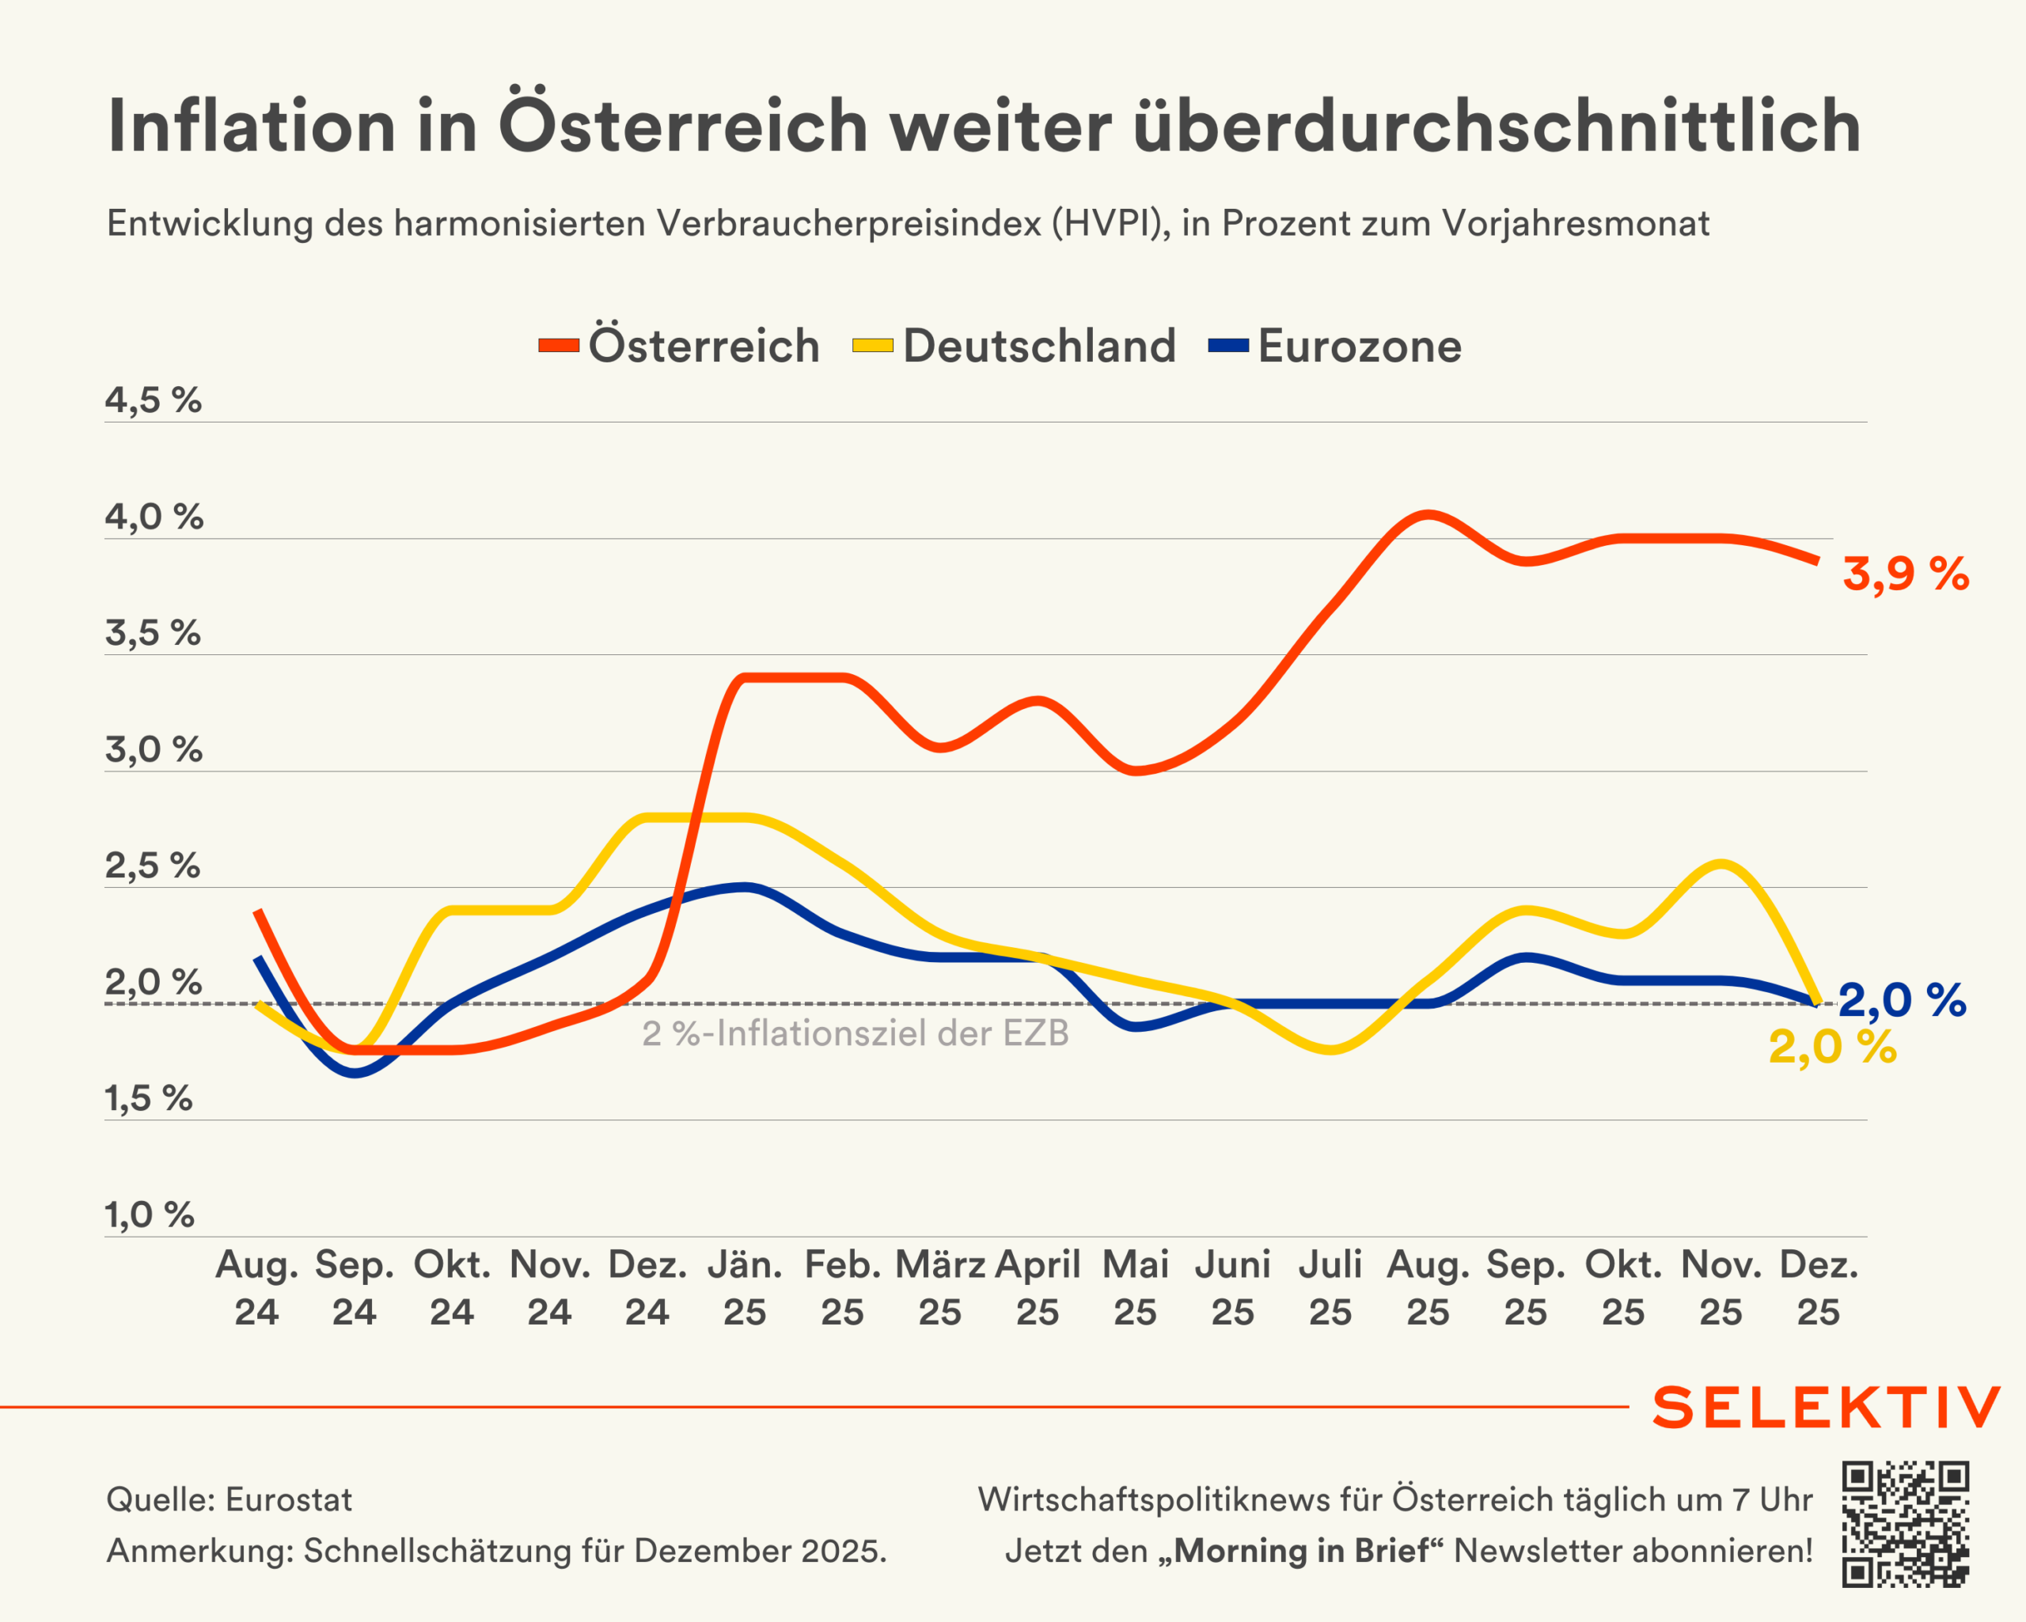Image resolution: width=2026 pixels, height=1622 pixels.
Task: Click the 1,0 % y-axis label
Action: [x=150, y=1215]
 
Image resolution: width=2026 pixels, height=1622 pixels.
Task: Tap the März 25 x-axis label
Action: [x=939, y=1288]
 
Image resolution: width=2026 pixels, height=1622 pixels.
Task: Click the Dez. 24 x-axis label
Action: [x=647, y=1288]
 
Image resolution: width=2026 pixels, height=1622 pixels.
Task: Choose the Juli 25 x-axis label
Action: [x=1330, y=1288]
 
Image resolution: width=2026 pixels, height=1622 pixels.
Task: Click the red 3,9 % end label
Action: [x=1905, y=574]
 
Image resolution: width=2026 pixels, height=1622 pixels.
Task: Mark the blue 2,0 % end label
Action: [x=1902, y=1000]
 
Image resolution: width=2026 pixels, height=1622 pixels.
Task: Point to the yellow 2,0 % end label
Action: [x=1832, y=1047]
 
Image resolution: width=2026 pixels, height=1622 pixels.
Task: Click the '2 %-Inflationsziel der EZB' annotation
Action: [x=856, y=1033]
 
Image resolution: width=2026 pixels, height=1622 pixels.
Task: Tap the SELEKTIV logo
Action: [x=1826, y=1408]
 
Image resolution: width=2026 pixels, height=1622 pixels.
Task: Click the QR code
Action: [x=1905, y=1524]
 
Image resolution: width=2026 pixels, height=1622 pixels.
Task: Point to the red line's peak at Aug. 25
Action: [x=1428, y=514]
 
